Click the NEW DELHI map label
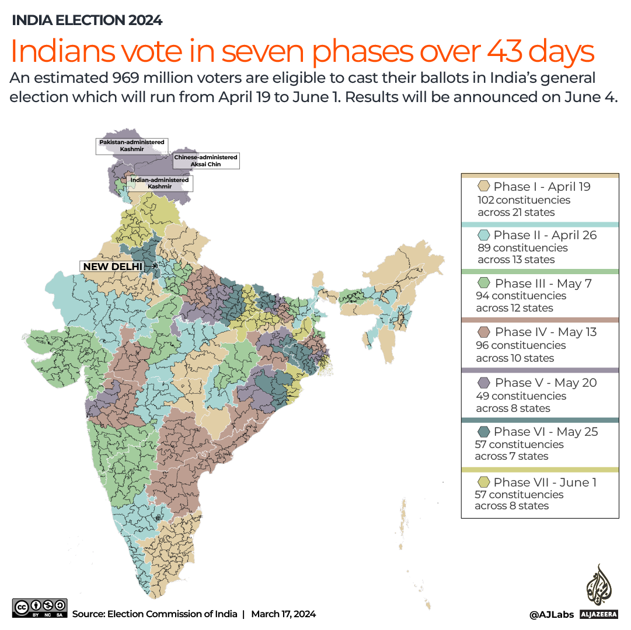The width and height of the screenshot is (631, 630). click(x=113, y=267)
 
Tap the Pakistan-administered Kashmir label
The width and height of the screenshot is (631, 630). click(x=132, y=146)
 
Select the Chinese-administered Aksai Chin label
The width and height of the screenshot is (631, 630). click(x=205, y=161)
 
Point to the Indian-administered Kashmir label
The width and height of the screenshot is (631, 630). click(x=159, y=183)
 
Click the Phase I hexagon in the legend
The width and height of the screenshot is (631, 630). click(x=483, y=187)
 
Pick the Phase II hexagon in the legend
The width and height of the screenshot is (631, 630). click(x=483, y=235)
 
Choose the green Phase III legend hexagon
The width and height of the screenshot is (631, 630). click(x=483, y=283)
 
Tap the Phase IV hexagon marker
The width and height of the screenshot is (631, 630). click(x=483, y=332)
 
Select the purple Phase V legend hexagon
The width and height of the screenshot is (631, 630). click(x=483, y=383)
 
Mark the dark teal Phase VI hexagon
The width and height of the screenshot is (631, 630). click(x=483, y=432)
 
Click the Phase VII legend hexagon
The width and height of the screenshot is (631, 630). click(x=483, y=482)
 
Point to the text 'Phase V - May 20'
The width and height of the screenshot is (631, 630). click(x=546, y=383)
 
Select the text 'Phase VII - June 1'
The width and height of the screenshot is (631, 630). click(x=545, y=482)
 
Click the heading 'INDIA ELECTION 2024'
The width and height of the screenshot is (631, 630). click(x=87, y=20)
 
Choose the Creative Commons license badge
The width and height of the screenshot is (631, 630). click(x=40, y=608)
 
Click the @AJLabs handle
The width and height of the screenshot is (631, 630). click(x=551, y=614)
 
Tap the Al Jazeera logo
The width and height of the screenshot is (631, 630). click(x=598, y=592)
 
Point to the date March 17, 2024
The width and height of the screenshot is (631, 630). click(x=283, y=614)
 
